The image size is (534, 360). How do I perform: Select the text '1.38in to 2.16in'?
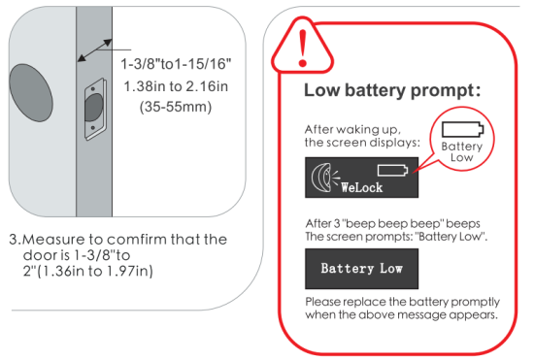[x=181, y=85]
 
